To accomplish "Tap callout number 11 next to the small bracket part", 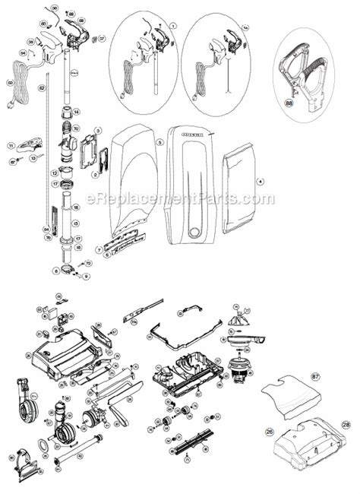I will click(x=11, y=145).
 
